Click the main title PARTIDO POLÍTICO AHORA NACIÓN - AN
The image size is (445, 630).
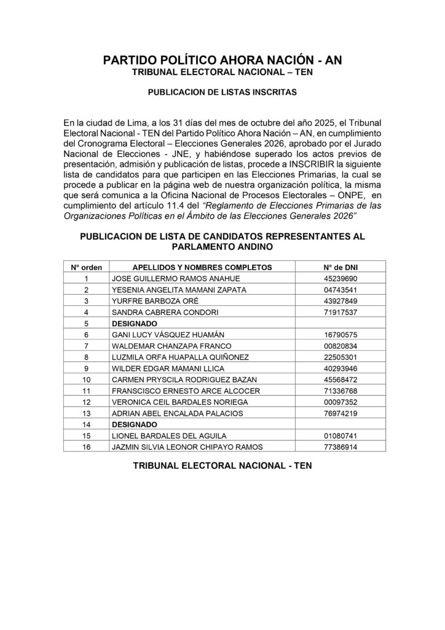click(222, 60)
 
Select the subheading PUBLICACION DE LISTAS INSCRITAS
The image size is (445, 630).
click(222, 94)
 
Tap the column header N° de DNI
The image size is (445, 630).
click(340, 267)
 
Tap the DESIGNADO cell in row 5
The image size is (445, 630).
click(132, 323)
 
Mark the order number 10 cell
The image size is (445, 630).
click(87, 379)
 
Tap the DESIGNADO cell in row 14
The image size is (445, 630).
click(132, 424)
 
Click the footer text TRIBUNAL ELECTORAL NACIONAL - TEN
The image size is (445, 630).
click(222, 466)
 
